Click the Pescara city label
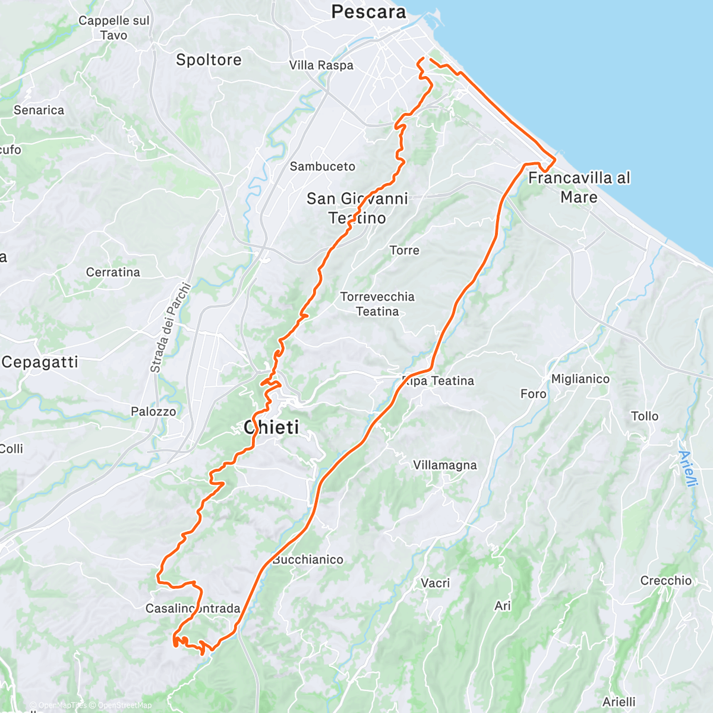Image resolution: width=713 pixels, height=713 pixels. tap(368, 12)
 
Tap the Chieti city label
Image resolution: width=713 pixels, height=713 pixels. tap(272, 427)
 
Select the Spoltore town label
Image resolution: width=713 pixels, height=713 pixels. tap(209, 60)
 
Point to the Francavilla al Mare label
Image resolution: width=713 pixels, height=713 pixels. tap(579, 187)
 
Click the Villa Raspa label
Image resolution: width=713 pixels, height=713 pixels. tap(321, 65)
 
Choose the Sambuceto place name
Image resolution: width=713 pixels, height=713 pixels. tap(322, 166)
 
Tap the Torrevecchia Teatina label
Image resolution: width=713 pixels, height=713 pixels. tap(377, 304)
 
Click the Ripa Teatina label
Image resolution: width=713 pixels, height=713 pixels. tap(438, 381)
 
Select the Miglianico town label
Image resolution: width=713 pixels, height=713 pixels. tap(580, 379)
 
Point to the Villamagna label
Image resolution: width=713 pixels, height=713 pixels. tap(445, 465)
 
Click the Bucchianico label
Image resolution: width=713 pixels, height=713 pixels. tap(308, 560)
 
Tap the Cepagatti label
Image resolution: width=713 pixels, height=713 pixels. tap(40, 362)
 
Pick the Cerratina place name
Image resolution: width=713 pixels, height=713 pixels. tap(113, 272)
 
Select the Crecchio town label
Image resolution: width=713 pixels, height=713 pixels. tap(665, 581)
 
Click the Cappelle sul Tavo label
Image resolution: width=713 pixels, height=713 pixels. tap(114, 28)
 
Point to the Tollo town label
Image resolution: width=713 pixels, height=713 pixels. tap(645, 416)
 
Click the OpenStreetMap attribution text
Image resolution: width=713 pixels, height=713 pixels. tap(124, 705)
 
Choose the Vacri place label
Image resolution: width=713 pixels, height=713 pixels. tap(435, 583)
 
